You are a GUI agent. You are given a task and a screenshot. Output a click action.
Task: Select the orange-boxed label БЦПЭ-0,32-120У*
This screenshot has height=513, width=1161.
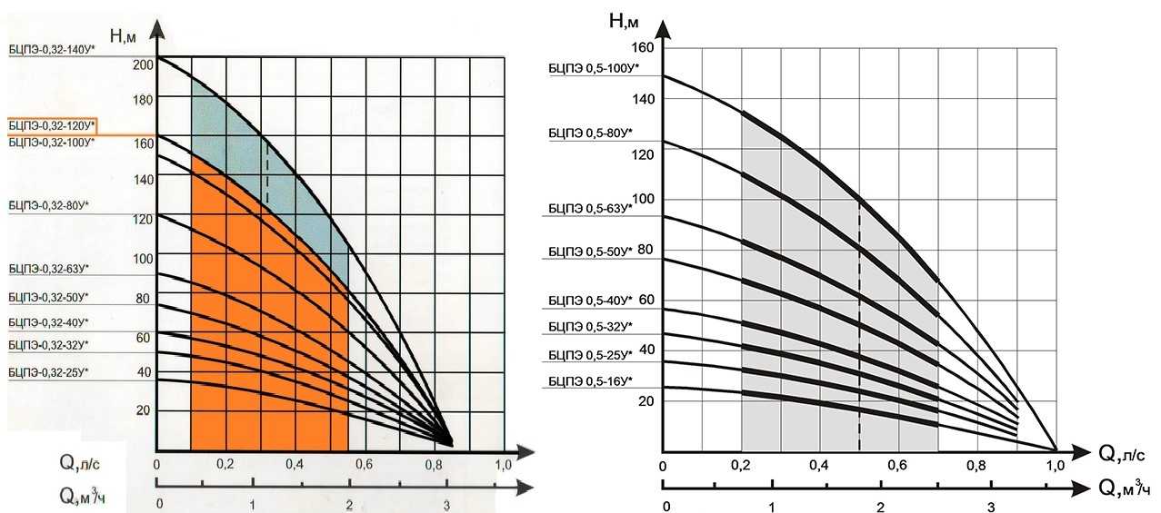tap(51, 125)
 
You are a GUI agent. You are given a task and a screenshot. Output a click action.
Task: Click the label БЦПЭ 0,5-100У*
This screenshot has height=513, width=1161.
tap(594, 67)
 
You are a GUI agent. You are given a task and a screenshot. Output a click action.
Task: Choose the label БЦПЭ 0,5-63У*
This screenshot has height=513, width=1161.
tap(590, 208)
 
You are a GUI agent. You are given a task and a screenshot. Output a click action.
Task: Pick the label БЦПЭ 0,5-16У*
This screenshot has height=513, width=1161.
tap(590, 380)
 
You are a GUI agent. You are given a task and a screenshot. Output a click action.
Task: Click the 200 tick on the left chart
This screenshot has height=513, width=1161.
tap(143, 64)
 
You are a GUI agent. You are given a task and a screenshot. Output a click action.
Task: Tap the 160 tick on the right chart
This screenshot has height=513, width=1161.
tap(641, 47)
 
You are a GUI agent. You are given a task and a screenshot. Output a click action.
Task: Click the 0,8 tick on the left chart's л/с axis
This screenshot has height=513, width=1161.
tap(433, 465)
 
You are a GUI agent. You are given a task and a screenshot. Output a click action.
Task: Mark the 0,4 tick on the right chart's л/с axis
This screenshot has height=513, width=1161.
tap(819, 467)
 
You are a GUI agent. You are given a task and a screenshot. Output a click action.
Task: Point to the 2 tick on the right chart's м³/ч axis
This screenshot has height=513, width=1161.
tap(879, 506)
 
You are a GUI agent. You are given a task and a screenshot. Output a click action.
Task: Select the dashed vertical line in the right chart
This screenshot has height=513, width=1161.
tap(859, 327)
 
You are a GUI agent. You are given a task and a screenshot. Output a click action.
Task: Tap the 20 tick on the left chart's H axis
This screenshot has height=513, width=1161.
tap(142, 410)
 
